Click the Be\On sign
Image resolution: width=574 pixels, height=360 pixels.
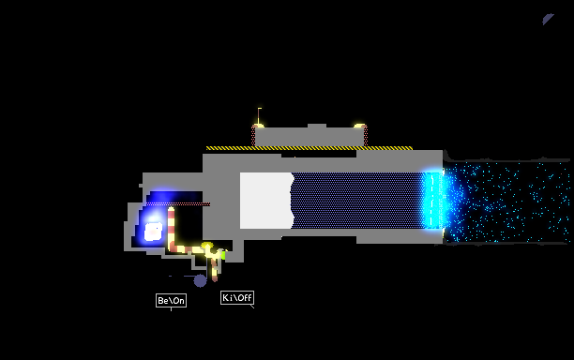pyautogui.click(x=171, y=300)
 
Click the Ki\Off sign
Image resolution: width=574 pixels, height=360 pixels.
pyautogui.click(x=237, y=297)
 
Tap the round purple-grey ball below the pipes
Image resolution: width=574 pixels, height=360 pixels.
pyautogui.click(x=200, y=280)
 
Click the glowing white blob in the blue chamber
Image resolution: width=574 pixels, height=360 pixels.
pyautogui.click(x=154, y=232)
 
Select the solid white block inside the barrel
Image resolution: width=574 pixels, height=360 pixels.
pyautogui.click(x=266, y=201)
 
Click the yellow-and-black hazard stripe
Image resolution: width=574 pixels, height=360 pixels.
pyautogui.click(x=310, y=148)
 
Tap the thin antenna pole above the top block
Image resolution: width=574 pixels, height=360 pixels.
pyautogui.click(x=259, y=116)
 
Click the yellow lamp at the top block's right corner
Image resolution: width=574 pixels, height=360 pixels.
pyautogui.click(x=359, y=126)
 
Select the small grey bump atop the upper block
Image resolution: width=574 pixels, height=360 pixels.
pyautogui.click(x=317, y=126)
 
